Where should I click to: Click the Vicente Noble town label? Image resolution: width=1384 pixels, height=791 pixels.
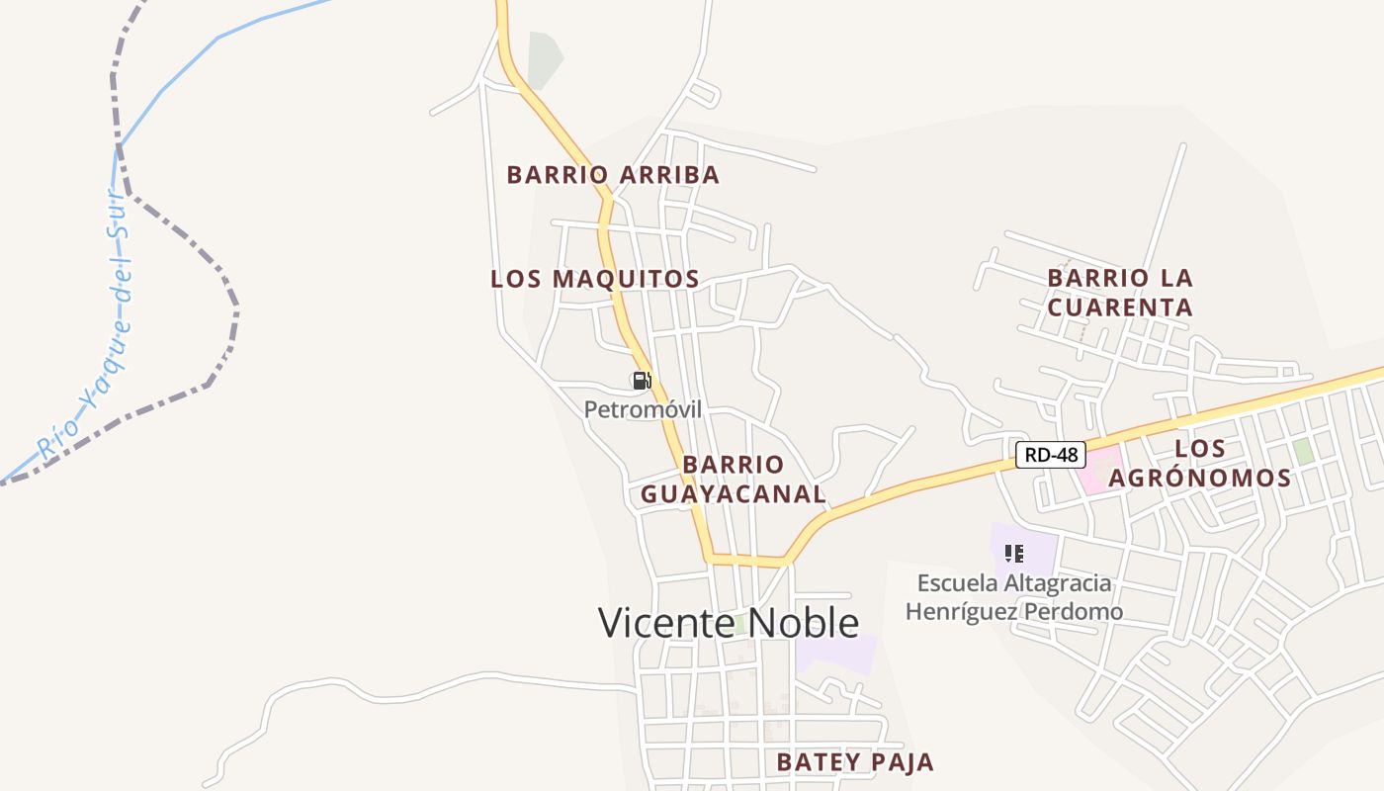point(729,623)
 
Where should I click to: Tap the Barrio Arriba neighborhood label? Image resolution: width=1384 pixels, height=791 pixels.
point(613,175)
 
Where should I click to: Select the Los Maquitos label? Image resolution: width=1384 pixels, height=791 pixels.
point(595,279)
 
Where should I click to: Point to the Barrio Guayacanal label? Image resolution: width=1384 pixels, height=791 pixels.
point(733,480)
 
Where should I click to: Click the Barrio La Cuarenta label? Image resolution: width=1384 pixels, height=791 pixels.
point(1120,293)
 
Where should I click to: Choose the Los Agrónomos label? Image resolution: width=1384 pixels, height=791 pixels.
point(1199,464)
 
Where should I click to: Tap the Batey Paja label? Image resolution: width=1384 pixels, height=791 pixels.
point(854,762)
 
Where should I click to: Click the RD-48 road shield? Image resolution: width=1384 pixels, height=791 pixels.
point(1050,455)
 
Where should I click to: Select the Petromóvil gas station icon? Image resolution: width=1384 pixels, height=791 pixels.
point(642,381)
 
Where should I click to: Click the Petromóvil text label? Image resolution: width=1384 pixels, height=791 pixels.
point(643,408)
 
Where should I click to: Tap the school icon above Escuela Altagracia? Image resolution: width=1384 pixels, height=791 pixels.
point(1013,554)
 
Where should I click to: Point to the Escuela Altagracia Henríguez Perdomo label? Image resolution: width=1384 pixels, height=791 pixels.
point(1014,597)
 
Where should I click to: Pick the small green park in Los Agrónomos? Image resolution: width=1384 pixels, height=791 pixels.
point(1304,452)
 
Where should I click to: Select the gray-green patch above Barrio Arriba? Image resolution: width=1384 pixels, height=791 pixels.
point(543,59)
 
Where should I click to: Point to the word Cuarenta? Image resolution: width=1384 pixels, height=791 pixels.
point(1120,307)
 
